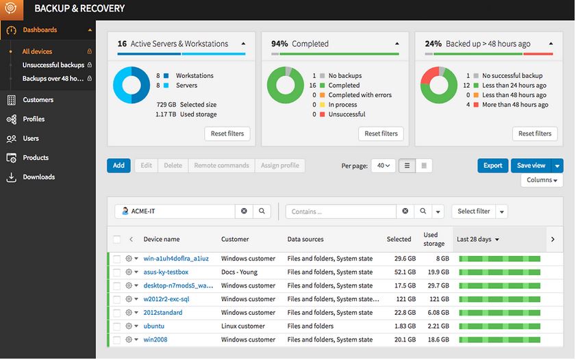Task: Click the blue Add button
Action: tap(118, 166)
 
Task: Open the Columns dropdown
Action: tap(542, 180)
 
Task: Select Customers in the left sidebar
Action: tap(38, 100)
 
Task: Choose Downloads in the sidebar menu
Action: tap(38, 177)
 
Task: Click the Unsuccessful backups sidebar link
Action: tap(53, 65)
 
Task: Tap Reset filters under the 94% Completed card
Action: tap(381, 133)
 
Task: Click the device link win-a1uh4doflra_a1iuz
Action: tap(176, 259)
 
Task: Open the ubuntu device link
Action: tap(154, 326)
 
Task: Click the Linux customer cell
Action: tap(243, 326)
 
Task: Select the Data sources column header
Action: tap(305, 240)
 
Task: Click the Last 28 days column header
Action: tap(477, 240)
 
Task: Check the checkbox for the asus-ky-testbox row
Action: tap(117, 272)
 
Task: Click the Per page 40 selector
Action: tap(383, 166)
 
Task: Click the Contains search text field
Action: tap(340, 211)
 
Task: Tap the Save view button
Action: tap(531, 166)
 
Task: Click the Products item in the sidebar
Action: tap(36, 157)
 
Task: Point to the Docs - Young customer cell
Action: tap(240, 272)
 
